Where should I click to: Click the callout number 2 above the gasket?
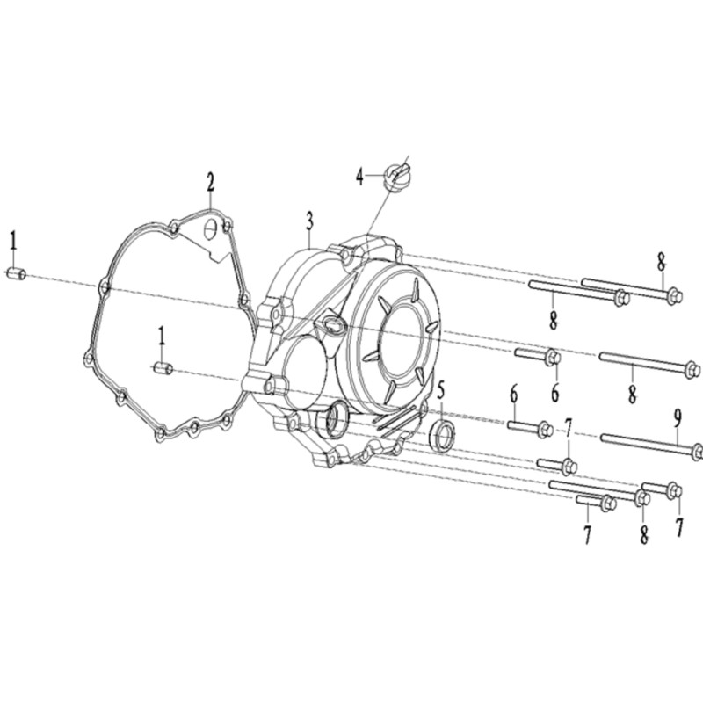210,183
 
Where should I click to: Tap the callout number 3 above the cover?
310,222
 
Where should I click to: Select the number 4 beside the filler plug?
360,177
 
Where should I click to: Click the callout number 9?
678,419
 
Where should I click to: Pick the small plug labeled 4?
396,177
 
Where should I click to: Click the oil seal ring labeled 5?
443,436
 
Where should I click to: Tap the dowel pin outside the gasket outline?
16,273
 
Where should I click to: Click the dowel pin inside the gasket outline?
163,368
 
